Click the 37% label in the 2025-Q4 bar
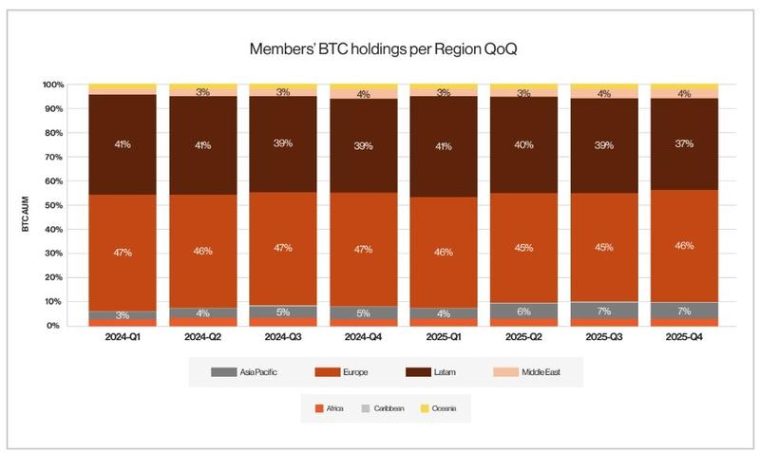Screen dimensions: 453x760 (683, 144)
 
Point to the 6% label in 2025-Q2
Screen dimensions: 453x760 (523, 311)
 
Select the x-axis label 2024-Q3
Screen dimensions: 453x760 (283, 337)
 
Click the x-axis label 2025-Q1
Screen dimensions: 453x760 (444, 337)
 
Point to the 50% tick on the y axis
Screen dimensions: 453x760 (53, 205)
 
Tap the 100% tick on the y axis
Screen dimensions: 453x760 (51, 85)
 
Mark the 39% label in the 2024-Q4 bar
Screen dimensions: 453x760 (363, 144)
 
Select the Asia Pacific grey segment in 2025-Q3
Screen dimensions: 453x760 (603, 310)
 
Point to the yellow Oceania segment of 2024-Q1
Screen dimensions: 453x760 (123, 88)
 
